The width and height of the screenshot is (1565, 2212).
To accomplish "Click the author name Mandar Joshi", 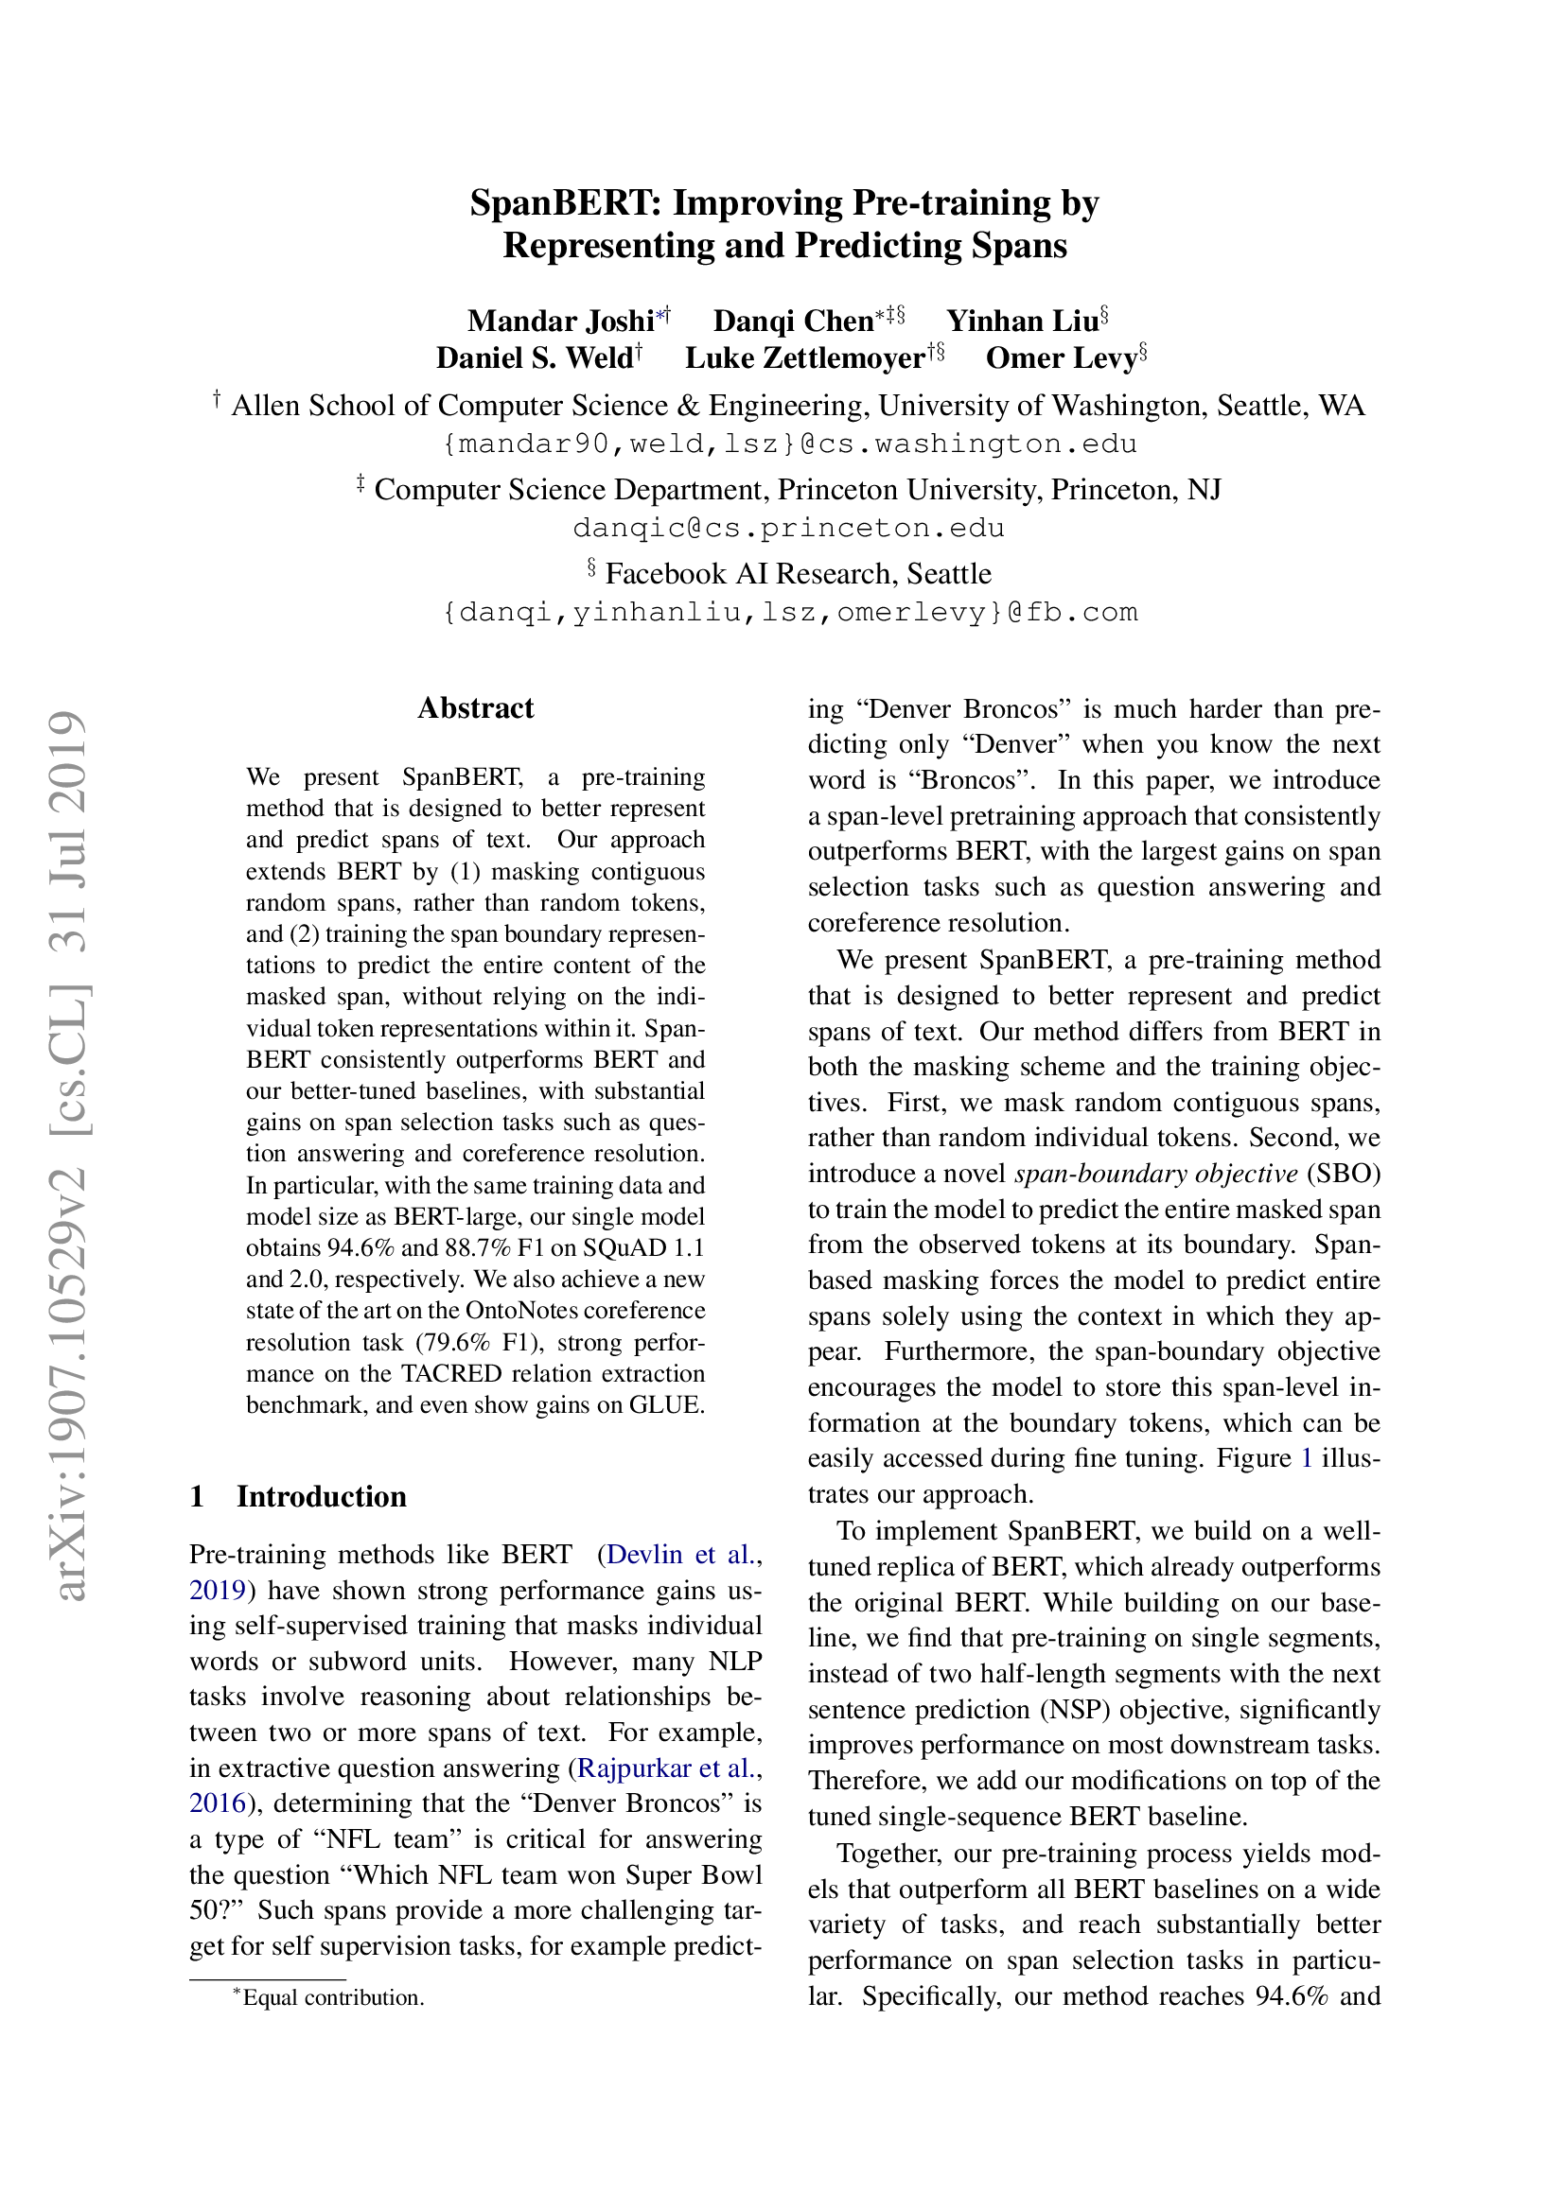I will click(x=560, y=321).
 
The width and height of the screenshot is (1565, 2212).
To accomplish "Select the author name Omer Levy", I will click(x=1061, y=358).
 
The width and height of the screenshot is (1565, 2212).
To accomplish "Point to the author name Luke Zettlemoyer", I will click(x=804, y=358).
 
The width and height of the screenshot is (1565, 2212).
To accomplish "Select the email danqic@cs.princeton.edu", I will click(x=788, y=528).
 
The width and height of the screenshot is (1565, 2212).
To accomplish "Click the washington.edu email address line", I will click(x=788, y=444).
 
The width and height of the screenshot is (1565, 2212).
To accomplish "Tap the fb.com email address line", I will click(x=788, y=613).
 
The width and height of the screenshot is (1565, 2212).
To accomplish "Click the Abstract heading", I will click(x=475, y=708).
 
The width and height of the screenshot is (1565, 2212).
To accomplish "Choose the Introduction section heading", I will click(x=321, y=1496).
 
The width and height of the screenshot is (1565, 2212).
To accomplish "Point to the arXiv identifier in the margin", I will click(x=69, y=1156).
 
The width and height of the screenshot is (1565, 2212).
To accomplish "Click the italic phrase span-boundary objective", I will click(x=1155, y=1174).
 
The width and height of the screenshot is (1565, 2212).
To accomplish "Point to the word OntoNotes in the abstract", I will click(x=523, y=1311).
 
